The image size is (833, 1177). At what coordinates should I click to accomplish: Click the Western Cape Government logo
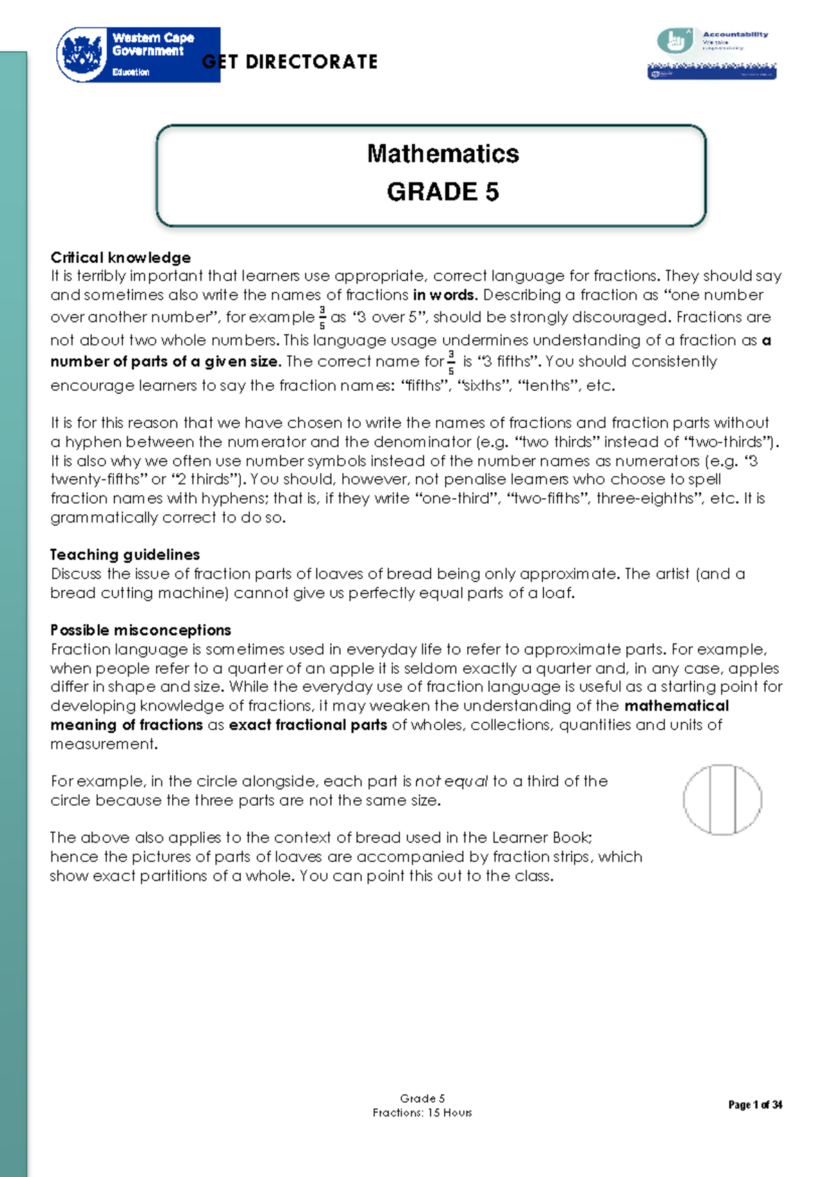tap(137, 55)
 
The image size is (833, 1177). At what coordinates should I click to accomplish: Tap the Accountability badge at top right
tap(712, 53)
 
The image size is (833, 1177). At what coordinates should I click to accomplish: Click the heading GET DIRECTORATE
tap(290, 62)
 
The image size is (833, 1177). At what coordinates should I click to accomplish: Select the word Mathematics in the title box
tap(442, 153)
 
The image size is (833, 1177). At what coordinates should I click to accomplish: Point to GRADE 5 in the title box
tap(442, 192)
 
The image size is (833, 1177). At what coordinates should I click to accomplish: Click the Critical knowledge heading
tap(120, 257)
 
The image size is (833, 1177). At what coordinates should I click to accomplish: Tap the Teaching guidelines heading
tap(125, 554)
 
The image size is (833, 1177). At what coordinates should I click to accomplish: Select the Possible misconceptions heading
tap(140, 630)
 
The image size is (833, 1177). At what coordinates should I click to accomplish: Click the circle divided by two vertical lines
tap(722, 799)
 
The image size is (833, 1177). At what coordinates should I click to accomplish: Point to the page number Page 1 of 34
tap(755, 1105)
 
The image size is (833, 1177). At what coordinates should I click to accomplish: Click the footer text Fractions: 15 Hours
tap(422, 1112)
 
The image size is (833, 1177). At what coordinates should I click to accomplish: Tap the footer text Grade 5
tap(422, 1098)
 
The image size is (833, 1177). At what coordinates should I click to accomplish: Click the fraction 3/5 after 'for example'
tap(322, 317)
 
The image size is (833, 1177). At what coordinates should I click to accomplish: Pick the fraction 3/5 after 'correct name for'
tap(451, 362)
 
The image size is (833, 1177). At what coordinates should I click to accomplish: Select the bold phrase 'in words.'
tap(444, 295)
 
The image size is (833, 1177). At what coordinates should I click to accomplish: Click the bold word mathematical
tap(676, 706)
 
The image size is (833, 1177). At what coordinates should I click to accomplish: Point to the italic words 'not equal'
tap(451, 781)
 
